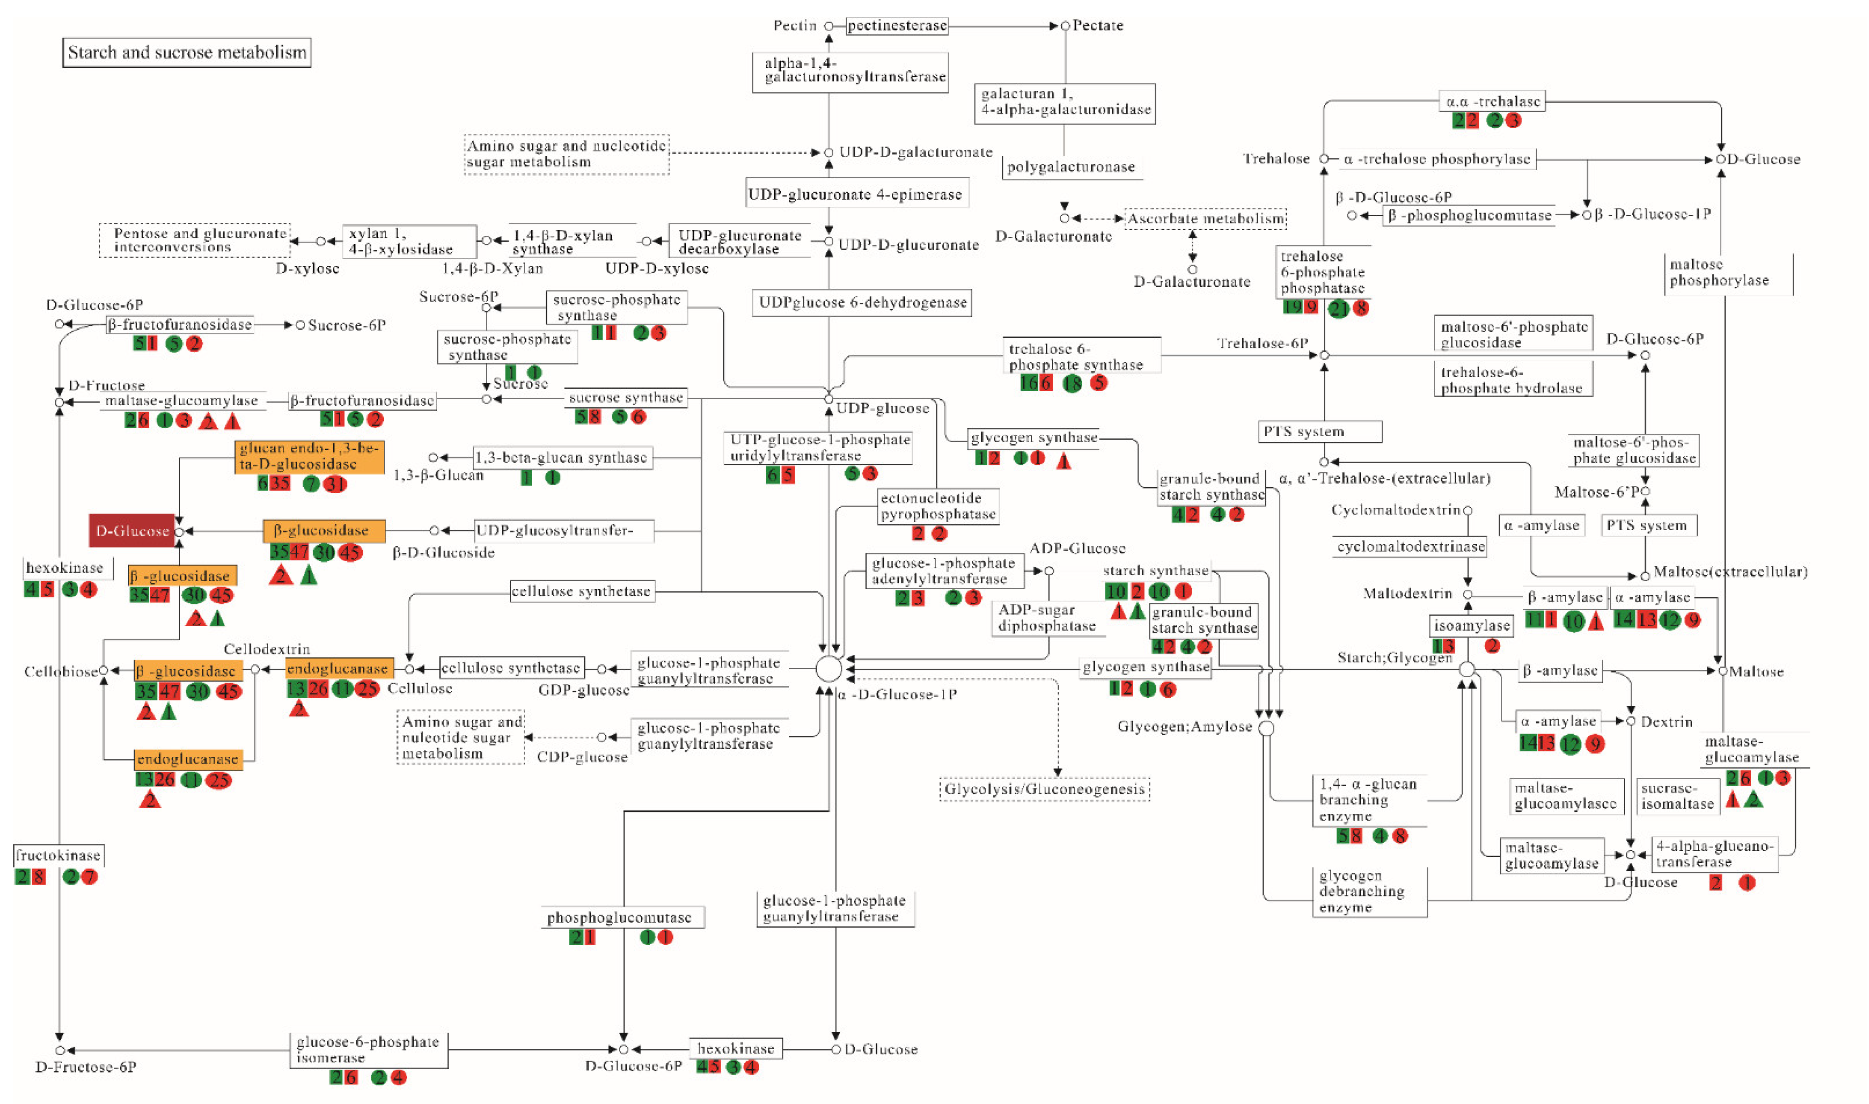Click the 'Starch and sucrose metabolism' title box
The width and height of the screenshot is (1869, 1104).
click(x=186, y=53)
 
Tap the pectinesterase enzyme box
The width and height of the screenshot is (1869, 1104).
click(x=897, y=26)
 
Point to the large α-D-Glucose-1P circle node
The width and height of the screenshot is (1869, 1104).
click(x=828, y=669)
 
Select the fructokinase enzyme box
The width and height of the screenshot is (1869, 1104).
click(x=58, y=856)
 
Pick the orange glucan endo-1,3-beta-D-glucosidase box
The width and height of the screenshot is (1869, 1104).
click(x=309, y=457)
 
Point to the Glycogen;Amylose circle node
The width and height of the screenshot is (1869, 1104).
click(x=1266, y=728)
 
